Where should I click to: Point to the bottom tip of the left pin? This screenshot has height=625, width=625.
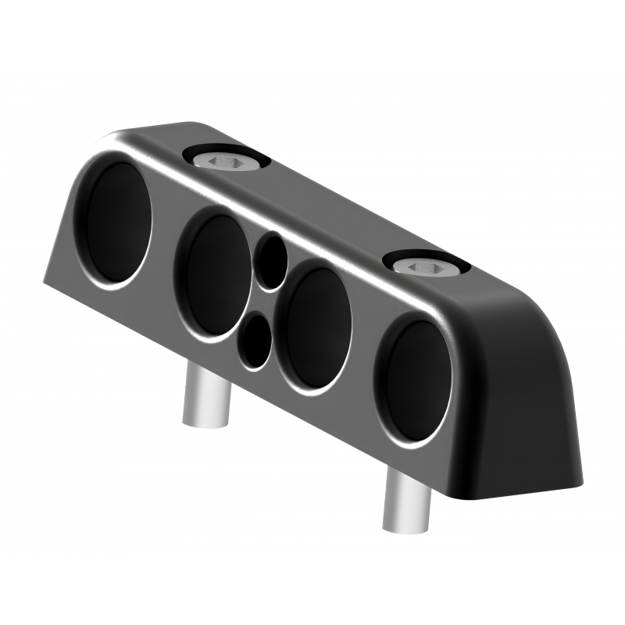point(202,422)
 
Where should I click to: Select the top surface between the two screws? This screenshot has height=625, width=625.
point(328,207)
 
